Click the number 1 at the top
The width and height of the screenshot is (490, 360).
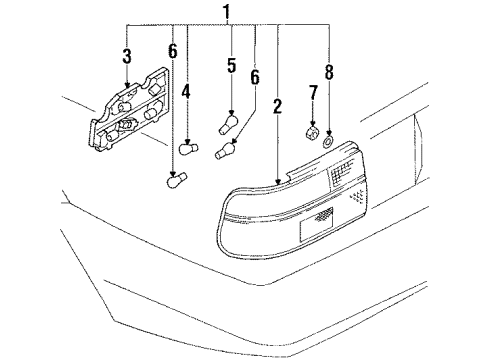click(228, 13)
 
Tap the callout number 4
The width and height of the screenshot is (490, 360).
click(185, 93)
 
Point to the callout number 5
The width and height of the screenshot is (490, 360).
click(231, 67)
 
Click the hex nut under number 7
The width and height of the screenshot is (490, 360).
click(311, 132)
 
